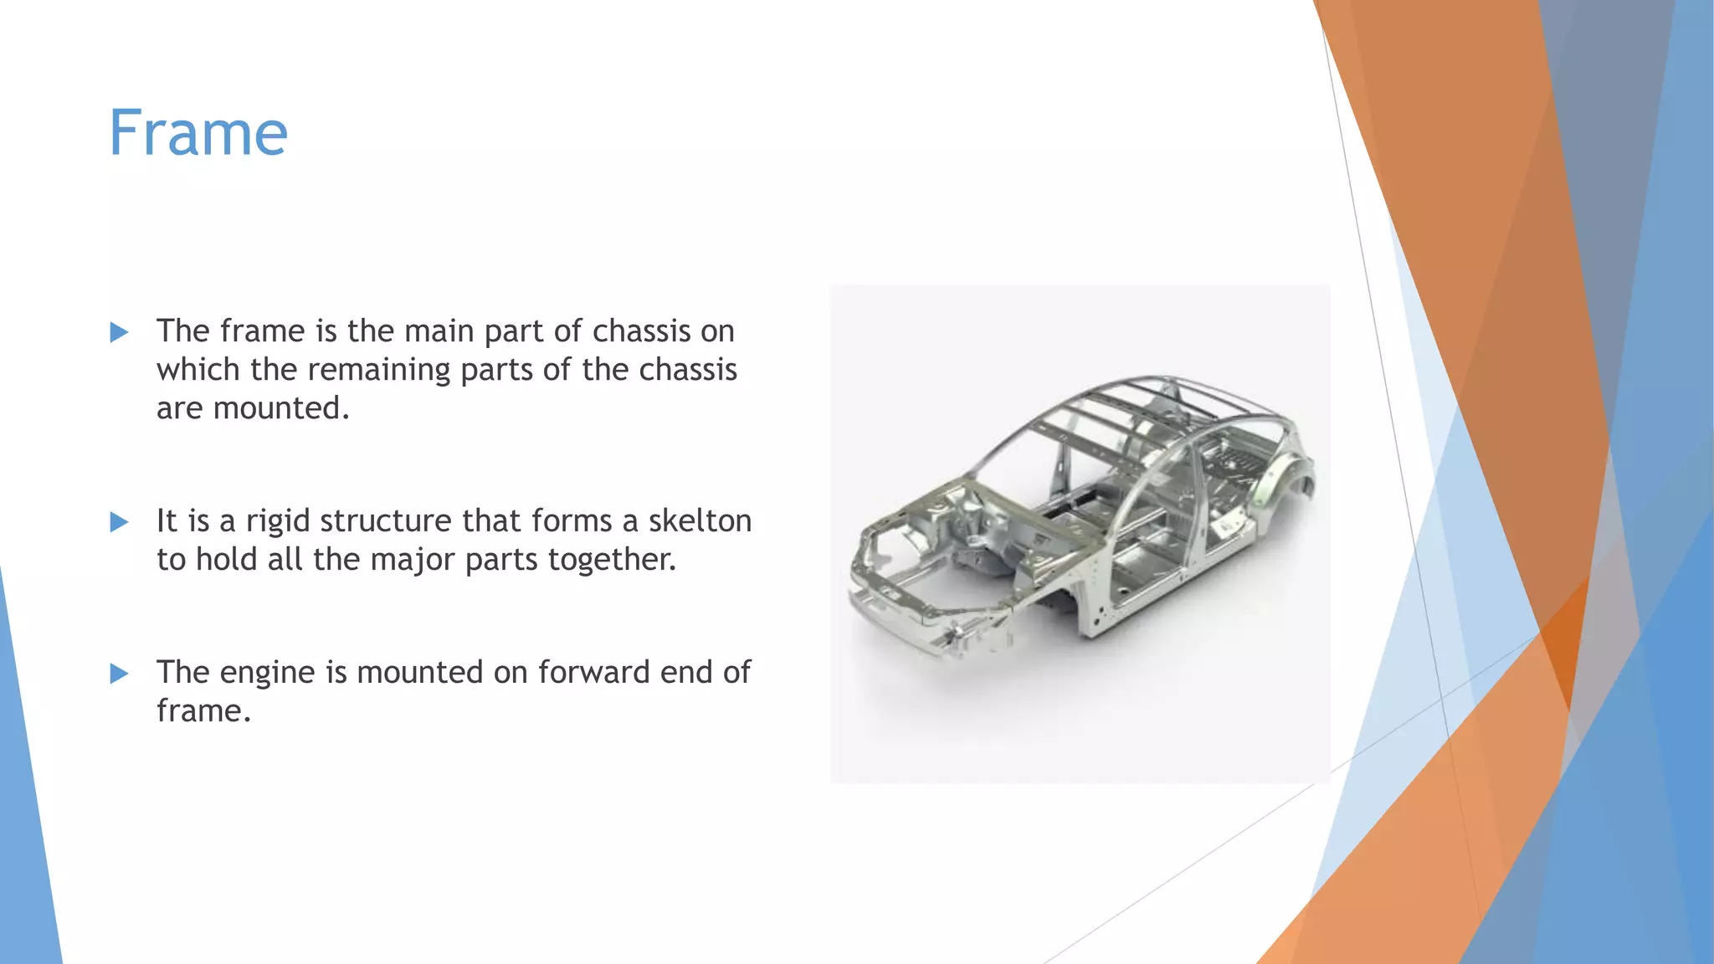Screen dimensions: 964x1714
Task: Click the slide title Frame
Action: pos(198,133)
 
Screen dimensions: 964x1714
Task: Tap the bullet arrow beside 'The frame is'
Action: pos(120,333)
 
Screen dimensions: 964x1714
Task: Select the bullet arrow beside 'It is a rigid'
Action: pos(120,523)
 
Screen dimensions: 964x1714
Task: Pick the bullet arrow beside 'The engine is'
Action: pos(120,674)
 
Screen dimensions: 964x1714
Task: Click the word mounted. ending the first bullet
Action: pos(280,408)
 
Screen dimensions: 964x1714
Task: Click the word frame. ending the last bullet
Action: pos(203,711)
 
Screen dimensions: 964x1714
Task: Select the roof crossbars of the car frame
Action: pos(1113,418)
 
